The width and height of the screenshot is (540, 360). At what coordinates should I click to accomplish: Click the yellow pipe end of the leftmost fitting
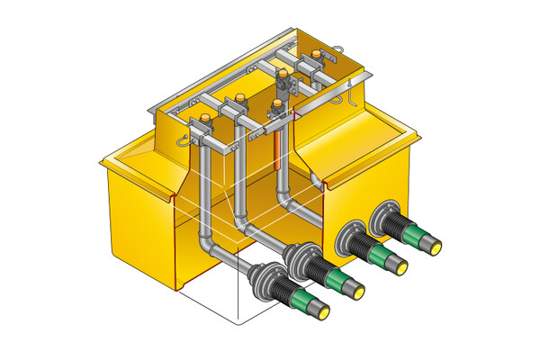click(x=321, y=310)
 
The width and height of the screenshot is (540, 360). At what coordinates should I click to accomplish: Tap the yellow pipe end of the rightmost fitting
click(x=436, y=244)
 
